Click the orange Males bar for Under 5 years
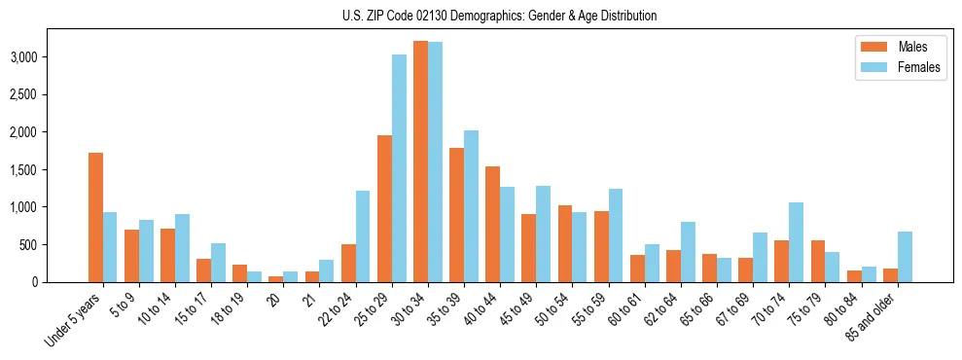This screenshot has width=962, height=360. (x=95, y=217)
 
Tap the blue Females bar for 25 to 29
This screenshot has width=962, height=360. (x=399, y=168)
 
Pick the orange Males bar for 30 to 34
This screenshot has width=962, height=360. (x=420, y=162)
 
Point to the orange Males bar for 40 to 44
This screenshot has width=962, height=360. (x=492, y=224)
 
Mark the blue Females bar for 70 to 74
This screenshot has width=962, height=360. (x=796, y=242)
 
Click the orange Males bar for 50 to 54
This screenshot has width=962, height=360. (x=564, y=243)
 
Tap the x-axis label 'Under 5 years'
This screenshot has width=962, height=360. (x=74, y=318)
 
